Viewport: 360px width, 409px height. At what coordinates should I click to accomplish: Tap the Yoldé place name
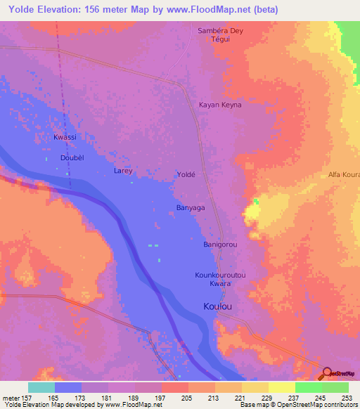186,173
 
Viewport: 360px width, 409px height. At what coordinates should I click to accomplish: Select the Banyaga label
190,207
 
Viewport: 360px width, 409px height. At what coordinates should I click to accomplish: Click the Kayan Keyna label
221,105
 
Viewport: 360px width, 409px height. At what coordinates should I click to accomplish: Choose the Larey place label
123,171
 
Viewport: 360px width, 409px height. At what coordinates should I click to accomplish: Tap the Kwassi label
65,137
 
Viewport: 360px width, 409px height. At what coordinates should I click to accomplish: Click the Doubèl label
72,158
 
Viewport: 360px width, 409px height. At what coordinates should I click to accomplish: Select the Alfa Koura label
344,174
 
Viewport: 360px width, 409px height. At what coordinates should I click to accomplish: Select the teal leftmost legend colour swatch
41,387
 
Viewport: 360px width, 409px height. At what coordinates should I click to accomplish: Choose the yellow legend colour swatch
281,387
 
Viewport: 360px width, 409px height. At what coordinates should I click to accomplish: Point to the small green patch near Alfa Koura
257,202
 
